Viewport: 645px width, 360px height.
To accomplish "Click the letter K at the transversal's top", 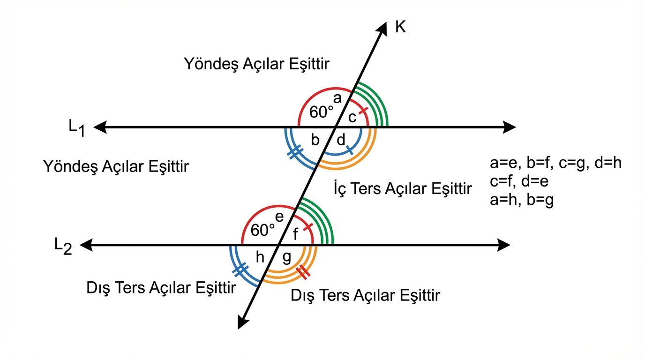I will tap(400, 28).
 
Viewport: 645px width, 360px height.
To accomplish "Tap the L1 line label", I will tap(77, 128).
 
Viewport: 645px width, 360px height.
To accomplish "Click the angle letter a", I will tap(337, 98).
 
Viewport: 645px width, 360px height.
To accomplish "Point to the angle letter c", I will tap(352, 117).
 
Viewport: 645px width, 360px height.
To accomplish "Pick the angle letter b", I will tap(315, 139).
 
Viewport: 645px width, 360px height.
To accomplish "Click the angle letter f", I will tap(295, 234).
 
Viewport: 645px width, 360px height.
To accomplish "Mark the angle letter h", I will tap(260, 257).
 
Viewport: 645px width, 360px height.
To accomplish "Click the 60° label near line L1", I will tap(322, 112).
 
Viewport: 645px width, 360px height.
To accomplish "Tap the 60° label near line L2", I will tap(263, 230).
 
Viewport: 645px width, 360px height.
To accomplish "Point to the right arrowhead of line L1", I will tap(510, 127).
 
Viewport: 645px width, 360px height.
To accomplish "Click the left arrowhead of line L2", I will tap(86, 245).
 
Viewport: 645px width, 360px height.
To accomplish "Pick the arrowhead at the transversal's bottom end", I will tap(242, 322).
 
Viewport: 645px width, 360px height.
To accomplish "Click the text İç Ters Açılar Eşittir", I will tap(402, 189).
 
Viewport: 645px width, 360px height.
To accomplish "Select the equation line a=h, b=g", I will tap(521, 201).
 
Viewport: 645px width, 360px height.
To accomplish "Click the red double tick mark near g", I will tap(302, 271).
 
